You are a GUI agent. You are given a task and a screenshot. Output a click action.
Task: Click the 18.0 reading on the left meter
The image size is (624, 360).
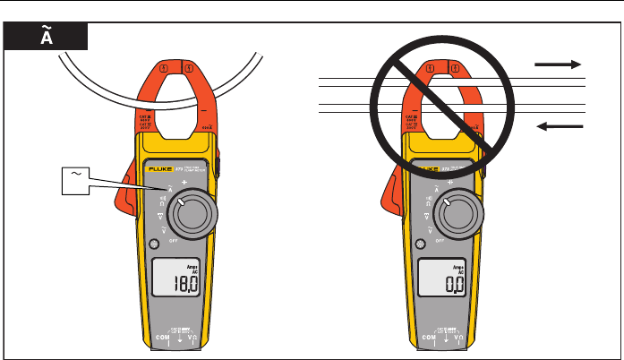click(x=185, y=286)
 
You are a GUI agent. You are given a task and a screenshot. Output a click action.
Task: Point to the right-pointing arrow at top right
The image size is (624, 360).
click(x=558, y=65)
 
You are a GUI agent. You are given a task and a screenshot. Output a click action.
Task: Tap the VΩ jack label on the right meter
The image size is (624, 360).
click(x=477, y=337)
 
